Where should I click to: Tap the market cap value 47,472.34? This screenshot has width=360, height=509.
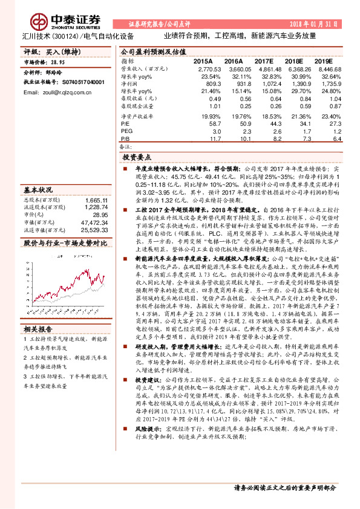point(94,222)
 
